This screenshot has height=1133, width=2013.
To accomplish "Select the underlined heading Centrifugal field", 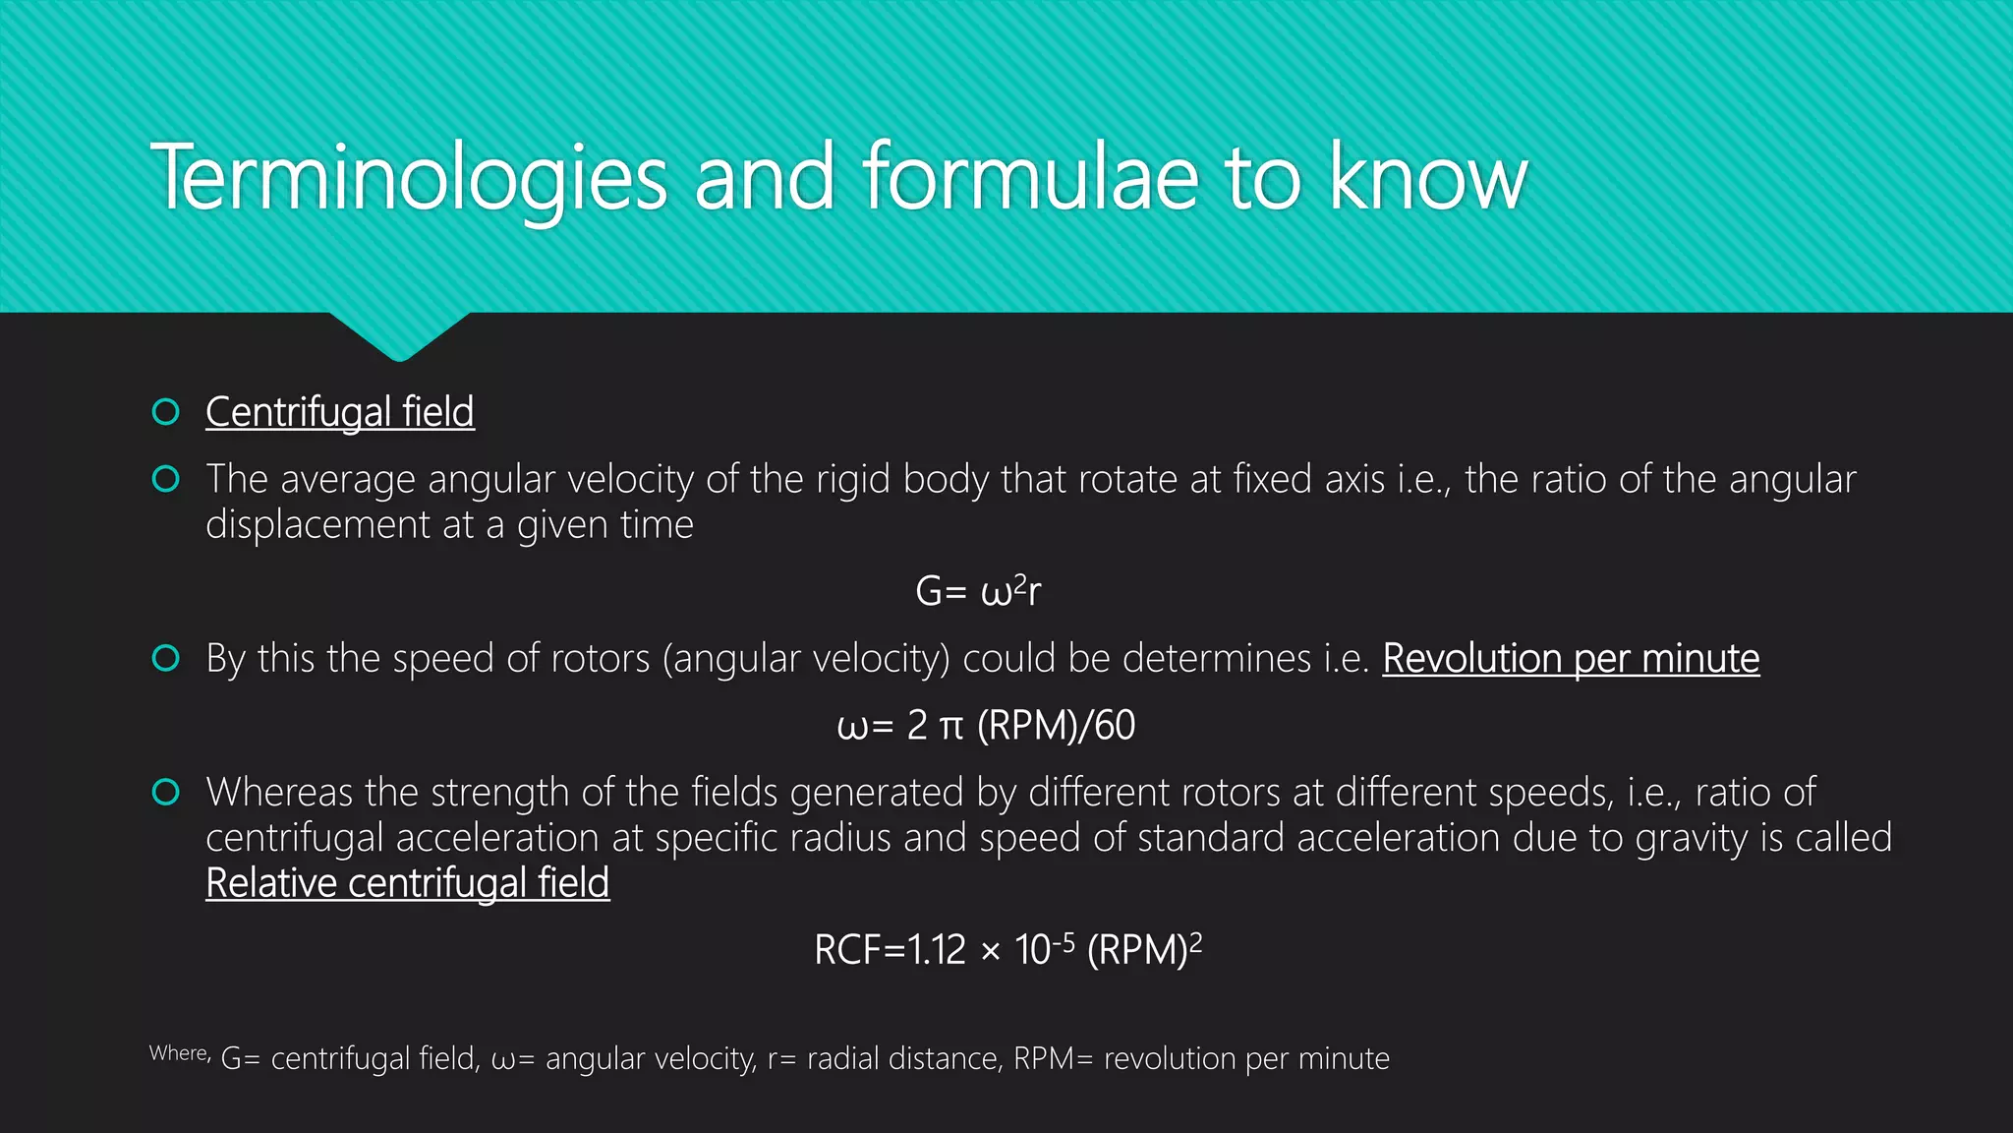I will pos(339,412).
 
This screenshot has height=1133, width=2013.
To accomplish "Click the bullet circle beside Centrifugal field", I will pos(166,412).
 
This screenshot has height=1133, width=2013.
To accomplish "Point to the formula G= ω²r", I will pos(977,591).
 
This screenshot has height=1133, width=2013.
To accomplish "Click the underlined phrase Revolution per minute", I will pos(1570,658).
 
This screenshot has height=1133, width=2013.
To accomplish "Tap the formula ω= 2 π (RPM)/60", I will pos(985,725).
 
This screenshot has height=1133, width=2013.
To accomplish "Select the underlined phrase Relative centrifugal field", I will pos(407,882).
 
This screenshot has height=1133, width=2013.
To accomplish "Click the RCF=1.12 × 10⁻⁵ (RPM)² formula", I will pos(1007,949).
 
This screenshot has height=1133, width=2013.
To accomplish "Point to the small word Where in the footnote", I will pos(178,1053).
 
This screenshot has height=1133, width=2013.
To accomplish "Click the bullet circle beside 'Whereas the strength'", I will pos(166,792).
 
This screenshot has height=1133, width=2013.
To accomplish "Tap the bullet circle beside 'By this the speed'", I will pos(166,658).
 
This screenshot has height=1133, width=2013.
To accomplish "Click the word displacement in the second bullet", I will pos(317,524).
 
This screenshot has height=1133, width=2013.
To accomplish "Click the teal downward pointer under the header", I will pos(399,336).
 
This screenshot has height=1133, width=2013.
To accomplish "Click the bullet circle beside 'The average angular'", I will pos(166,479).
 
